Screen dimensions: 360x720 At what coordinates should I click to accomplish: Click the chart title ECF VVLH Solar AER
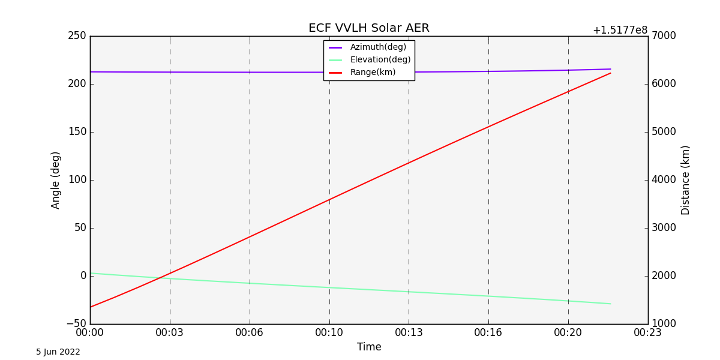(x=368, y=28)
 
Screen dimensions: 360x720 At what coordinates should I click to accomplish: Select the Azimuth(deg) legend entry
(x=378, y=47)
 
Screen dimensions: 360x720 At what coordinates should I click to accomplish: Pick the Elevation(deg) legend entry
(x=380, y=60)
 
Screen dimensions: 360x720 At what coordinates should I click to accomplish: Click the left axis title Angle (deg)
(x=56, y=180)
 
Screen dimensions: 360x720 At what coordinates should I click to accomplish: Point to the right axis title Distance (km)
(x=686, y=180)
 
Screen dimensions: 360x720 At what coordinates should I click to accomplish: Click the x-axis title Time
(x=369, y=347)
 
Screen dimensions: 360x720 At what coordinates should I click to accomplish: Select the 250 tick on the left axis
(x=77, y=36)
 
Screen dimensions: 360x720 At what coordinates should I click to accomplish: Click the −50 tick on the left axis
(x=76, y=324)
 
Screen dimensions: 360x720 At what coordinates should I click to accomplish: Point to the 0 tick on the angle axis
(x=83, y=276)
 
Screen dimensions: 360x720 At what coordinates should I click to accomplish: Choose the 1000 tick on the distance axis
(x=664, y=324)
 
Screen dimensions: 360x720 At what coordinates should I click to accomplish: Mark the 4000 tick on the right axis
(x=664, y=180)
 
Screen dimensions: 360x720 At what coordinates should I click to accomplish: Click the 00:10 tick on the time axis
(x=329, y=332)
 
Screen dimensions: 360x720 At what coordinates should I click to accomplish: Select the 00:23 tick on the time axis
(x=648, y=332)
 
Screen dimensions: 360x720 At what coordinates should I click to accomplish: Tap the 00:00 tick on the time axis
(x=90, y=332)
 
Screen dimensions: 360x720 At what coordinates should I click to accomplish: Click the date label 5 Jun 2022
(x=58, y=352)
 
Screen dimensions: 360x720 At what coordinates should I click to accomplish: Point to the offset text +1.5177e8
(x=620, y=30)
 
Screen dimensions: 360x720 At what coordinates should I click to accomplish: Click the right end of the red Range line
(x=611, y=73)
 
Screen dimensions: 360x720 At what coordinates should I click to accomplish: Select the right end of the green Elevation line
(x=611, y=304)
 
